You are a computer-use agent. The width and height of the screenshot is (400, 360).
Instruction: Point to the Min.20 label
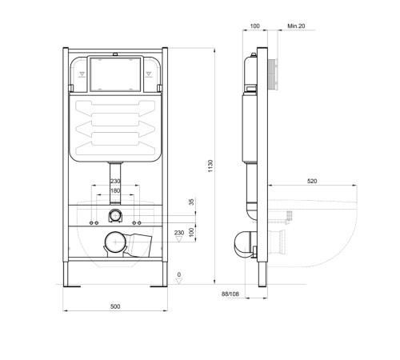click(x=295, y=26)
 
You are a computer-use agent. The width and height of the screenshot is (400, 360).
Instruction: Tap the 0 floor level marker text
click(x=178, y=274)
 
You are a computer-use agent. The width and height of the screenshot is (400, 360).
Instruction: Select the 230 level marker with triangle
click(x=178, y=233)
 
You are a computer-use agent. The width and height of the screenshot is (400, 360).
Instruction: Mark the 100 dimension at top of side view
click(x=255, y=26)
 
